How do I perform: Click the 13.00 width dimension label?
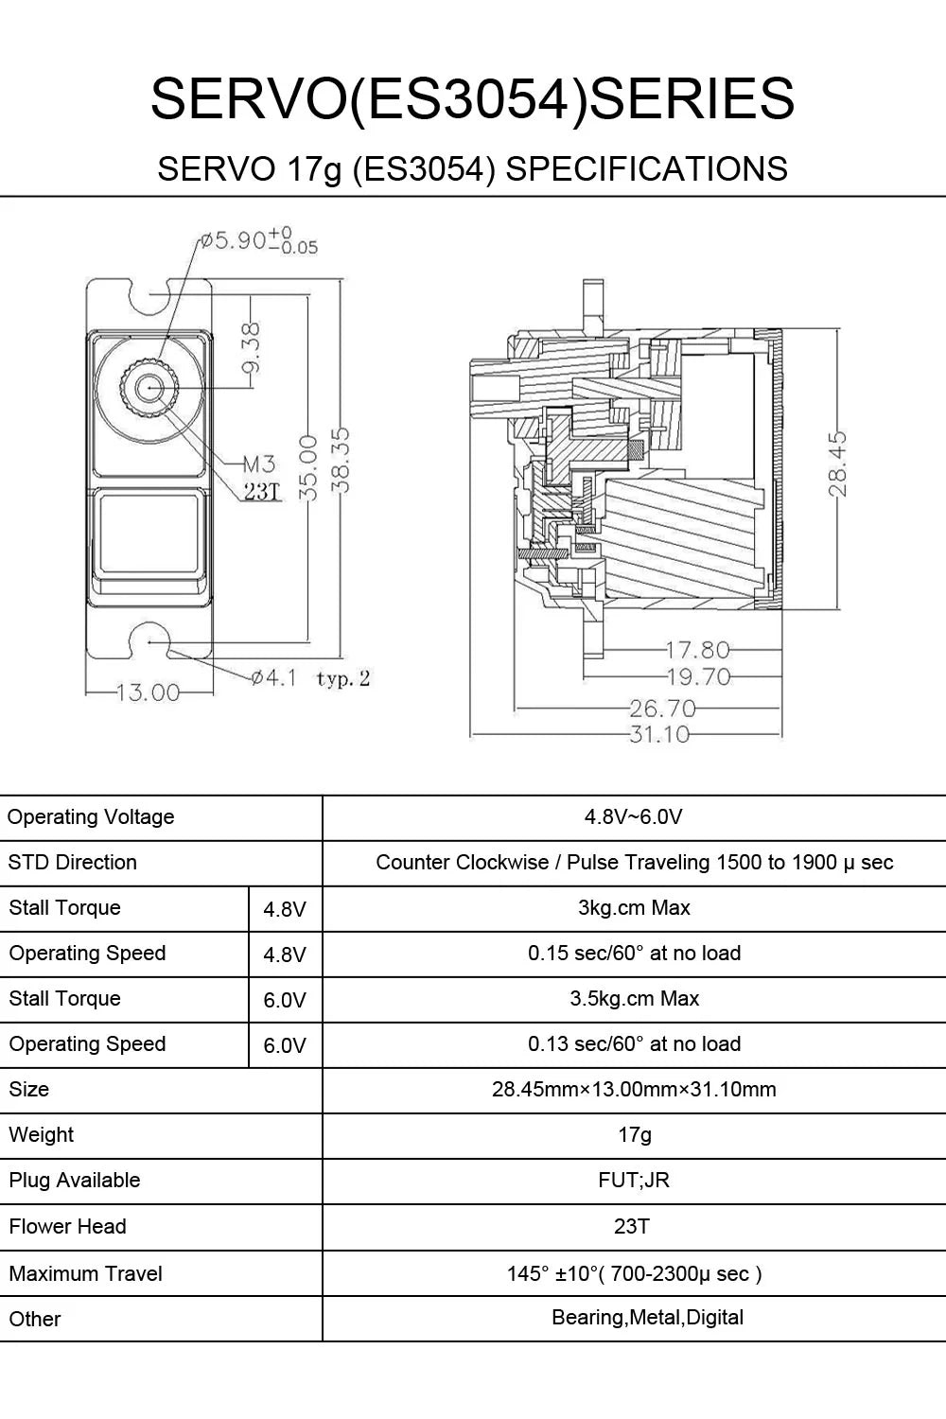(148, 692)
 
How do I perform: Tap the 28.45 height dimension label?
(836, 464)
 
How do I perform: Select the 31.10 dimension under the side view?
(658, 734)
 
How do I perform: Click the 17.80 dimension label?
(697, 650)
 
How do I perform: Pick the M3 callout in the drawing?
(258, 464)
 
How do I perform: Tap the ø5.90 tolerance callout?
(257, 241)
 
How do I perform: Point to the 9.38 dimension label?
(252, 348)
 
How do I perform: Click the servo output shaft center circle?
(149, 388)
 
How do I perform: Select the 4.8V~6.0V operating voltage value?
(634, 817)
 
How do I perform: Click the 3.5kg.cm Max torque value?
(634, 999)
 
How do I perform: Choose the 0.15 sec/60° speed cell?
(634, 954)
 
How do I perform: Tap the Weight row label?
(42, 1135)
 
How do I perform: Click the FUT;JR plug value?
(634, 1181)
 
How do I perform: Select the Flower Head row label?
(67, 1227)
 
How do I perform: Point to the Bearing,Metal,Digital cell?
(647, 1318)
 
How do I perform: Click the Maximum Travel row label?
(85, 1274)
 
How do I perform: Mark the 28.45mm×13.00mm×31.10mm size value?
(634, 1090)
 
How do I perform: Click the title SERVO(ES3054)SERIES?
(472, 98)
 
